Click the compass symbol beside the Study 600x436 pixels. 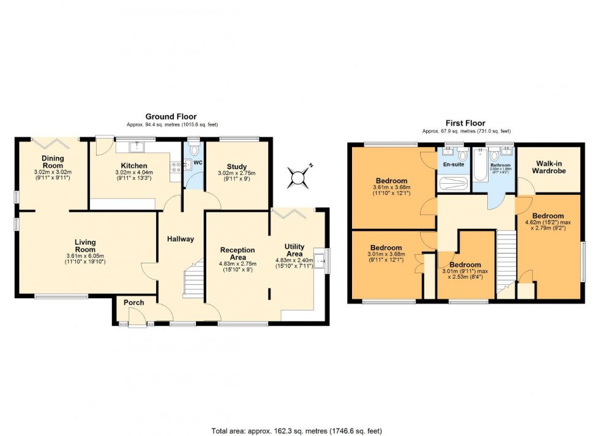[298, 177]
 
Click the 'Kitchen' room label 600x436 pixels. [133, 166]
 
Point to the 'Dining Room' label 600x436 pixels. [53, 162]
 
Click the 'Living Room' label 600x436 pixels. [86, 246]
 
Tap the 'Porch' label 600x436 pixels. [133, 303]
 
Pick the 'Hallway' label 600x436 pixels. [181, 239]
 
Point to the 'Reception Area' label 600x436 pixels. [237, 254]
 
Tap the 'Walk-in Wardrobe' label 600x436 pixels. [549, 167]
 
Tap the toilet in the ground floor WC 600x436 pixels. [195, 149]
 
